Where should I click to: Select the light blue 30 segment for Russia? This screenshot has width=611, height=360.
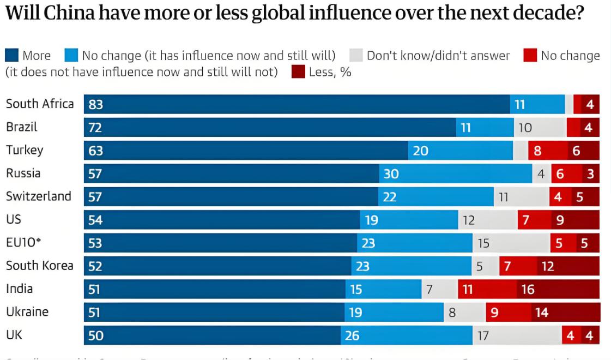pos(456,174)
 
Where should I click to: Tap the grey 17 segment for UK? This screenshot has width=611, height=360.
pos(517,335)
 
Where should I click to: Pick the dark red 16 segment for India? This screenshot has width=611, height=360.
pos(558,289)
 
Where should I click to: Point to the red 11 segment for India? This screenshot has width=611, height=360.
pos(487,289)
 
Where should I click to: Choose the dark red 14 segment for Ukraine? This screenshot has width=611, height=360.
pos(566,313)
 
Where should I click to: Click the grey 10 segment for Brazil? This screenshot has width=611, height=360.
pos(540,128)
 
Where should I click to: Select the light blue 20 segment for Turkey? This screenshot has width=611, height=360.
pos(461,151)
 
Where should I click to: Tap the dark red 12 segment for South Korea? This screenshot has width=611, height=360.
pos(568,266)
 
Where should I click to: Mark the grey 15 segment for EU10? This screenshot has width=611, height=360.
pos(511,243)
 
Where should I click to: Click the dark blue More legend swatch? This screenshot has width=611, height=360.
pos(11,55)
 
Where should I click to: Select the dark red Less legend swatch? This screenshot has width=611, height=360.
pos(298,71)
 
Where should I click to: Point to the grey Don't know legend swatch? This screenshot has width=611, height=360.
pos(356,55)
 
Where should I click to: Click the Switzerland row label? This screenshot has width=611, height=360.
pos(39,196)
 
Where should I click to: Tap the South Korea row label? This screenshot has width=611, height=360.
pos(40,266)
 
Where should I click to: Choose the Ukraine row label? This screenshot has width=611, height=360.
pos(27,312)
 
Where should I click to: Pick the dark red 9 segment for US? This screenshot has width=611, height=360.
pos(575,220)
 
